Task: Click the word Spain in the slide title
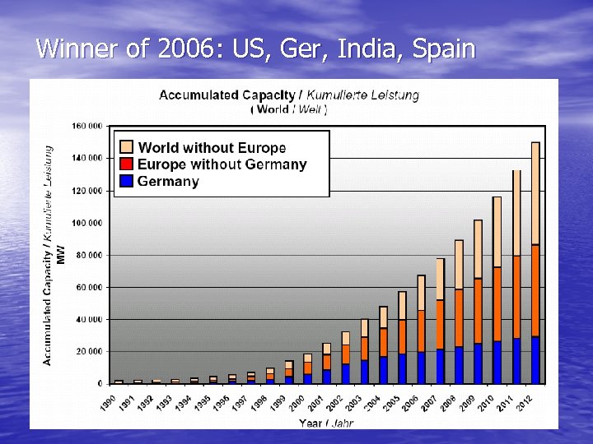click(x=444, y=49)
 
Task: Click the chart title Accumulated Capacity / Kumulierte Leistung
click(x=288, y=95)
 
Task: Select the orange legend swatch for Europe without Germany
click(x=126, y=164)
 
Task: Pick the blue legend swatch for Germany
click(x=126, y=181)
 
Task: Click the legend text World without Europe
click(x=212, y=148)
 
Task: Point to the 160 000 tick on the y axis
click(x=86, y=126)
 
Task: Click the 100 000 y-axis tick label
click(x=86, y=223)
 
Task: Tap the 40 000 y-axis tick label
click(x=87, y=319)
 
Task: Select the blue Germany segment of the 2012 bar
click(x=535, y=360)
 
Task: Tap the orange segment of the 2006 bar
click(x=421, y=331)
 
